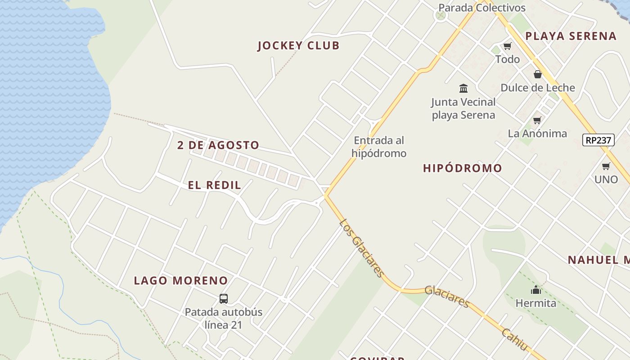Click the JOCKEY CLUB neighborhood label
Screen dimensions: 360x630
(298, 45)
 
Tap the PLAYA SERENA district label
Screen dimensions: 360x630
(571, 36)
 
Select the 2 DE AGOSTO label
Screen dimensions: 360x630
(218, 145)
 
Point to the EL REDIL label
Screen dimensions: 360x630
(215, 185)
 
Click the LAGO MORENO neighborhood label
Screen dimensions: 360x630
(181, 280)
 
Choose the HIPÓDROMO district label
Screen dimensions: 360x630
(462, 168)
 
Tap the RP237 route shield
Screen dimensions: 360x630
(598, 140)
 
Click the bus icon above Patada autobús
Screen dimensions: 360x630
(224, 298)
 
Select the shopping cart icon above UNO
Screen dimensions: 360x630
(606, 166)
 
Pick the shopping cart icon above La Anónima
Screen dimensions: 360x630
(537, 120)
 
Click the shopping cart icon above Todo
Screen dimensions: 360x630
(508, 46)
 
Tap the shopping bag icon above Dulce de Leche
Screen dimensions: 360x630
(537, 74)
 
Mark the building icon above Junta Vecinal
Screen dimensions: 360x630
(463, 88)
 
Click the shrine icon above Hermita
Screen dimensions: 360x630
(535, 289)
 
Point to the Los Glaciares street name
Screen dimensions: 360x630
(362, 248)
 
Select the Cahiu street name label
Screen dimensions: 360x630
(514, 339)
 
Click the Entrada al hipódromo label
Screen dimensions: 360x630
(379, 147)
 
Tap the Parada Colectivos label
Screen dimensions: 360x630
(481, 8)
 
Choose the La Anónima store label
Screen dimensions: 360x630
(537, 133)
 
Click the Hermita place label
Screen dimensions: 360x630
(535, 303)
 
